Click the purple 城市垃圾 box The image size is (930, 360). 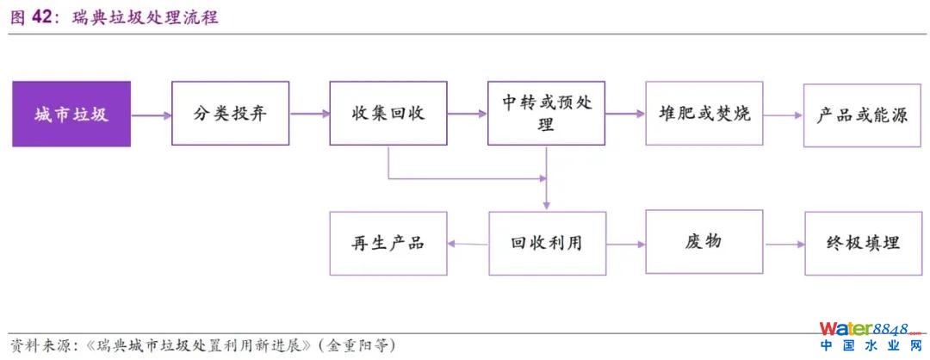pos(71,114)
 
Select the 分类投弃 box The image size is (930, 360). pos(230,114)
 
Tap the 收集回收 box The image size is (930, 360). pos(388,114)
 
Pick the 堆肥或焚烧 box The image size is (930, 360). pos(704,114)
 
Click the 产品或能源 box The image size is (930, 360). pos(862,114)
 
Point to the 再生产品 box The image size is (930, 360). pos(388,243)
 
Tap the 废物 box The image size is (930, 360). pos(704,243)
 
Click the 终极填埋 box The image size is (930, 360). pos(862,243)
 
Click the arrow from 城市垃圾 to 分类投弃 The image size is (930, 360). pos(151,115)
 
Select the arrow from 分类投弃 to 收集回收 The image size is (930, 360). pos(309,114)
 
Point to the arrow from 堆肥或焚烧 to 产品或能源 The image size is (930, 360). pos(783,115)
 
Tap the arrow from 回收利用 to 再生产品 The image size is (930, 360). pos(468,244)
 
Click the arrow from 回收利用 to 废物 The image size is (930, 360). pos(625,244)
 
